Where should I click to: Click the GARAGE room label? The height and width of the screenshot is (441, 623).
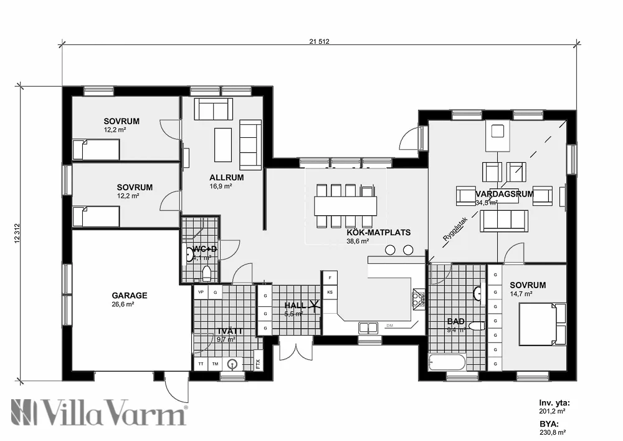click(130, 296)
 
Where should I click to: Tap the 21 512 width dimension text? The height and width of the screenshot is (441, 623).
click(318, 42)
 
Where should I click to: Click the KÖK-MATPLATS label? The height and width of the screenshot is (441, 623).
click(379, 232)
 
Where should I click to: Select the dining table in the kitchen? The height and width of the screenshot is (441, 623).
click(346, 205)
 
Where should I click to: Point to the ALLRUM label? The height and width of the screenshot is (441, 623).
click(226, 177)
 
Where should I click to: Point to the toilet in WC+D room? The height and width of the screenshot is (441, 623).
click(207, 273)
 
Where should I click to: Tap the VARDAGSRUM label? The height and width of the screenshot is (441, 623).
click(513, 194)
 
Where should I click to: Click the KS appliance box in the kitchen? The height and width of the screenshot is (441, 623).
click(330, 292)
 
